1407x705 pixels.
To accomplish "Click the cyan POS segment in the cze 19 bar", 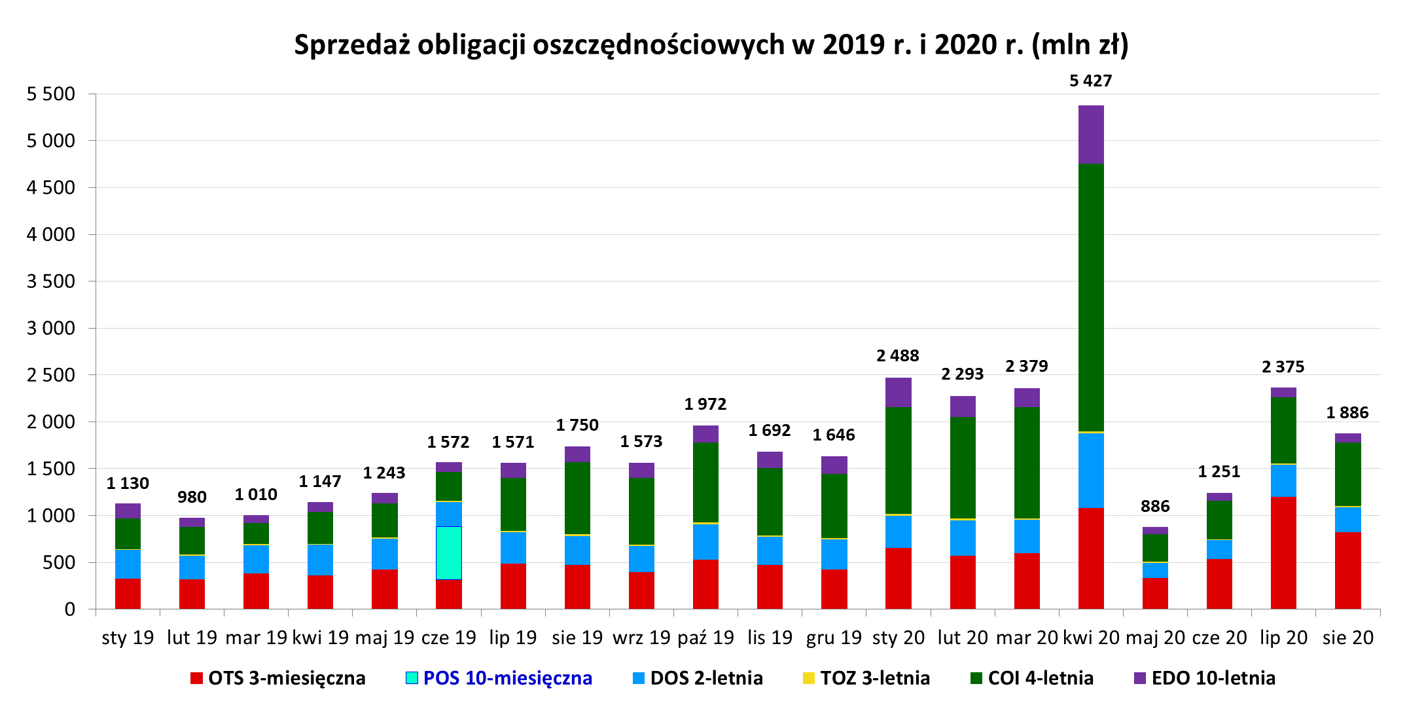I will [448, 552].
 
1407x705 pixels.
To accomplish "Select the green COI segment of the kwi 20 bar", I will [1090, 298].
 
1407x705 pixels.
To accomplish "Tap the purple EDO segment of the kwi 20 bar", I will [1090, 134].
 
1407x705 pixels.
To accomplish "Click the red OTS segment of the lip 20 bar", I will [1283, 553].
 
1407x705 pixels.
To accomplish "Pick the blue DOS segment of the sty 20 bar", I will [898, 532].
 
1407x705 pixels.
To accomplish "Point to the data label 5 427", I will [1090, 81].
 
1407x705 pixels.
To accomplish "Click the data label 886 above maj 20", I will [1154, 506].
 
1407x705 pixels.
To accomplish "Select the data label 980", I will [192, 497].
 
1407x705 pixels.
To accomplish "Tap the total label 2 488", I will [898, 355].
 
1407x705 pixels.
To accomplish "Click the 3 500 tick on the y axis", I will [50, 281].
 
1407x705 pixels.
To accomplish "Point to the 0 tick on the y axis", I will [69, 609].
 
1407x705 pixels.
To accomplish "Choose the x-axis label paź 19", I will [705, 637].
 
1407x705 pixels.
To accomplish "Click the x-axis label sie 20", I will [1347, 637].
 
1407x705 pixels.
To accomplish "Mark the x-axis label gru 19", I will [834, 637].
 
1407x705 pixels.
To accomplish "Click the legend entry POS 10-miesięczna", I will [507, 678].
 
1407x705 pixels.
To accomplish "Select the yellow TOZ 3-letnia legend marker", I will [809, 678].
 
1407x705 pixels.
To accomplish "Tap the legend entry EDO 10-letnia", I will [1213, 678].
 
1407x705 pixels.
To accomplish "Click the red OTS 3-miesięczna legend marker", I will [196, 678].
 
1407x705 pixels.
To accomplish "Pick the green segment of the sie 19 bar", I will [577, 497].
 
